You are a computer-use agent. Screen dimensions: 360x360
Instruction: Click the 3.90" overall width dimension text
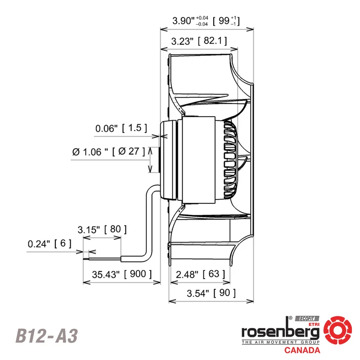[206, 21]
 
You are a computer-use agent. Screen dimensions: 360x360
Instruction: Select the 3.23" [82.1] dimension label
[199, 41]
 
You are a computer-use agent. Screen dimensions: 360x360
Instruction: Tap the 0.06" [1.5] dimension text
[121, 128]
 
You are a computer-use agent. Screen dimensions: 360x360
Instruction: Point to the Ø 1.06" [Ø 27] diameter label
[108, 152]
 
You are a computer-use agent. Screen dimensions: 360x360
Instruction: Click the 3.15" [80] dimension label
[102, 229]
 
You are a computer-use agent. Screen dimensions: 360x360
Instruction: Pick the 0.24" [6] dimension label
[49, 243]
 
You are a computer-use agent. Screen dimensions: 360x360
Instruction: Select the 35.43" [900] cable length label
[121, 274]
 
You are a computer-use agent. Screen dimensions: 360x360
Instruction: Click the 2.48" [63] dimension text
[200, 274]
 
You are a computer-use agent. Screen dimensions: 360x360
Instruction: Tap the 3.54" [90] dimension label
[211, 293]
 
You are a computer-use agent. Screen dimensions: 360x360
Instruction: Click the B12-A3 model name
[47, 336]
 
